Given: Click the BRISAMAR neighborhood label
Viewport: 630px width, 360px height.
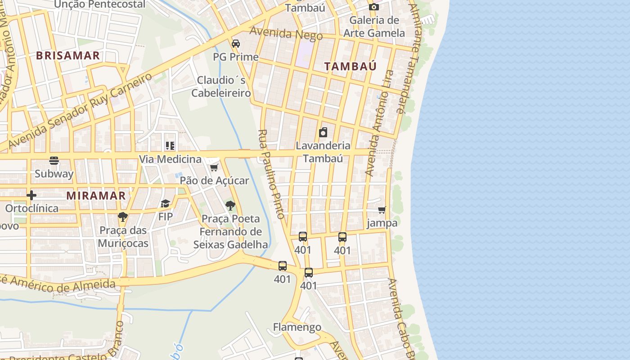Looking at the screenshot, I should coord(67,56).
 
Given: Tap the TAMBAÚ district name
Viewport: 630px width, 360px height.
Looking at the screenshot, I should coord(351,67).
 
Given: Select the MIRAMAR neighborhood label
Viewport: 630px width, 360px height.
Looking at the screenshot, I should coord(96,196).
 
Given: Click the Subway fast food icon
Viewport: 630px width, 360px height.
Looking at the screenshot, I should coord(54,161).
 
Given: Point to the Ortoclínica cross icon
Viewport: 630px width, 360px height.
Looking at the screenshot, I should coord(31,195).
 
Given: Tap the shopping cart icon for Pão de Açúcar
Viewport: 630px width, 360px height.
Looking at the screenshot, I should coord(214,168).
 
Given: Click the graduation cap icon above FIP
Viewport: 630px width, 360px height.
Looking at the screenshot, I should coord(166,204).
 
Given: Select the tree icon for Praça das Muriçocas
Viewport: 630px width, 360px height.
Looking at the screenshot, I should coord(122,217).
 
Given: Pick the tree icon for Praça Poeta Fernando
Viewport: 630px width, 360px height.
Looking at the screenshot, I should coord(230,206).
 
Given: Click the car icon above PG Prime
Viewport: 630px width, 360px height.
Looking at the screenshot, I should coord(235,44).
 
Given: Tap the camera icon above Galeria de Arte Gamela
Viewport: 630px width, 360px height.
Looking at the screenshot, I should coord(373,7).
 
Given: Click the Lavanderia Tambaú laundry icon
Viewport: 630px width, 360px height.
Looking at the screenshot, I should coord(323,132).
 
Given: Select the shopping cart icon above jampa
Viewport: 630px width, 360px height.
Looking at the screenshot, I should coord(382,210).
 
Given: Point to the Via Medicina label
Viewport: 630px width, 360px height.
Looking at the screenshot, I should coord(170,159).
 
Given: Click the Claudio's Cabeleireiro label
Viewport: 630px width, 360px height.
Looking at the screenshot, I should coord(221,86).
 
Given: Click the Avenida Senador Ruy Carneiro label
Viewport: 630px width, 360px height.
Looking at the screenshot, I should coord(81,110).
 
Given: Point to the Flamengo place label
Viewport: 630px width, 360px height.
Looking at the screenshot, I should coord(297,327).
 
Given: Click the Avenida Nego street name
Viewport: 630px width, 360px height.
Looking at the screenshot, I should coord(286,33).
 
